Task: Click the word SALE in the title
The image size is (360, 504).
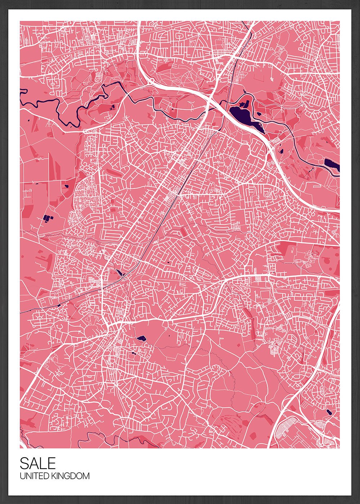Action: coord(38,463)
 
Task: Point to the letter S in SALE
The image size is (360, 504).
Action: coord(24,463)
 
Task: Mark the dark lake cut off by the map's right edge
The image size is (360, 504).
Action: coord(332,165)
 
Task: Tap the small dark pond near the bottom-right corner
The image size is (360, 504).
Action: coord(329,412)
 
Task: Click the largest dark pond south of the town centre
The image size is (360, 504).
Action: coord(141,338)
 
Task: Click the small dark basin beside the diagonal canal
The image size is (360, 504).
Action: coord(119,273)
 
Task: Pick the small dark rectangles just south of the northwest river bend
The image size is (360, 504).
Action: coord(112,107)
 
